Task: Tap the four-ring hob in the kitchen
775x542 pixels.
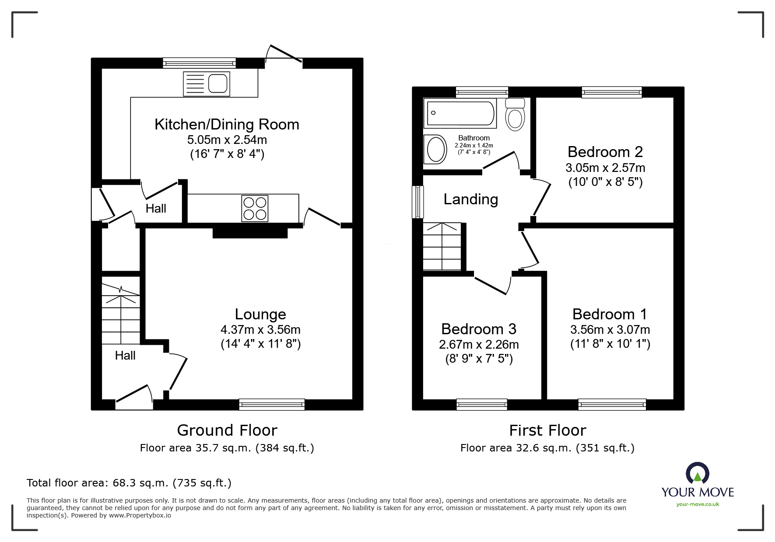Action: tap(255, 209)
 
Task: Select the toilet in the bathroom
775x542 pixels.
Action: tap(515, 115)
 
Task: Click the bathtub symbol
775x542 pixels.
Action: tap(461, 113)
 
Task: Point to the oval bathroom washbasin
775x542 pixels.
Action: tap(435, 150)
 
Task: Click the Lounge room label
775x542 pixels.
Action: tap(260, 314)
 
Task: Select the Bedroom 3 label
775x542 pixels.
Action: tap(478, 329)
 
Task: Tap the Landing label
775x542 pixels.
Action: tap(470, 199)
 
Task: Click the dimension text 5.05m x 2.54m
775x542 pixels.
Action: tap(227, 140)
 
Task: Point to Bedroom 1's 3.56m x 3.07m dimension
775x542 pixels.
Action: tap(610, 330)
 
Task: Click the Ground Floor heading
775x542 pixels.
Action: tap(227, 430)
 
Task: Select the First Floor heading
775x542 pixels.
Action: tap(547, 430)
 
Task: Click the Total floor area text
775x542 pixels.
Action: tap(129, 483)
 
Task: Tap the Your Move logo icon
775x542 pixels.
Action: tap(697, 473)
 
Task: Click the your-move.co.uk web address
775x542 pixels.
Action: tap(697, 504)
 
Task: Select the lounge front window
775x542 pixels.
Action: tap(272, 405)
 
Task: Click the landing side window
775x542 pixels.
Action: tap(419, 202)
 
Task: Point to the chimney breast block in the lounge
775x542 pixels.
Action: tap(250, 232)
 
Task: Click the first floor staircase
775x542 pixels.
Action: tap(442, 247)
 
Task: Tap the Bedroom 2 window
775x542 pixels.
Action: tap(611, 92)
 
